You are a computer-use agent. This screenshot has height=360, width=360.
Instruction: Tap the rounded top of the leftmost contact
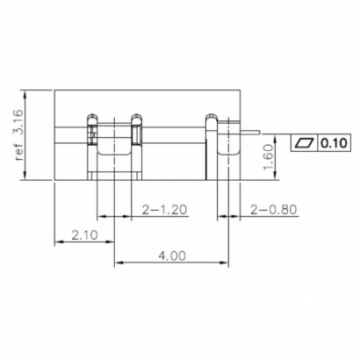pyautogui.click(x=91, y=118)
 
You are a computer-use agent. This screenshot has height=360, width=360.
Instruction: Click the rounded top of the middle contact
pyautogui.click(x=136, y=118)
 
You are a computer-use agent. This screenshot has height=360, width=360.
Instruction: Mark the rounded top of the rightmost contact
pyautogui.click(x=212, y=118)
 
